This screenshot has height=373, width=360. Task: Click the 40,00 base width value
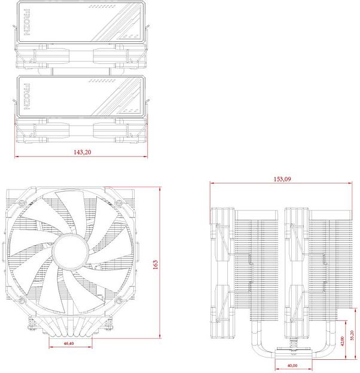click(291, 365)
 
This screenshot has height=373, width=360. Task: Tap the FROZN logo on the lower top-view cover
click(26, 96)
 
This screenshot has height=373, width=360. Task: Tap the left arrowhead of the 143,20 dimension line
click(16, 157)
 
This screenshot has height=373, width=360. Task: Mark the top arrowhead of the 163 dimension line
click(160, 188)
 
